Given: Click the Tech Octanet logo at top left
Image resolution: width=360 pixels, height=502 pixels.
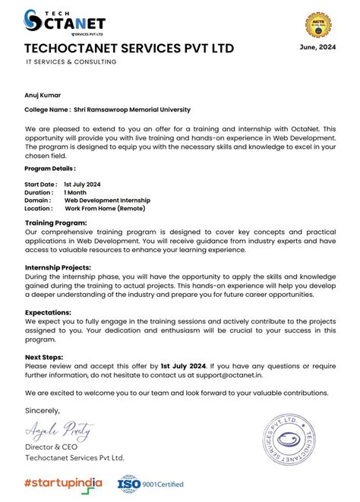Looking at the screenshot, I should point(55,23).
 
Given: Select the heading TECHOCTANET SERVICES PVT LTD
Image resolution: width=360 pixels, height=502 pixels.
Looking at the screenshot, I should point(129,49).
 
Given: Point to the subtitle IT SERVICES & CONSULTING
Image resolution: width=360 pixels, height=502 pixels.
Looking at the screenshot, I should point(71,62).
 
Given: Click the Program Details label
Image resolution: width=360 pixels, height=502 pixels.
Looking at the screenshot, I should point(49,169).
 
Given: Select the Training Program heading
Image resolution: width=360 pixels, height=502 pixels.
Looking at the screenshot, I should point(55,223).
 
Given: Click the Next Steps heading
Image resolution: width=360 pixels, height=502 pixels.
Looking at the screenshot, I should point(44,356).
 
